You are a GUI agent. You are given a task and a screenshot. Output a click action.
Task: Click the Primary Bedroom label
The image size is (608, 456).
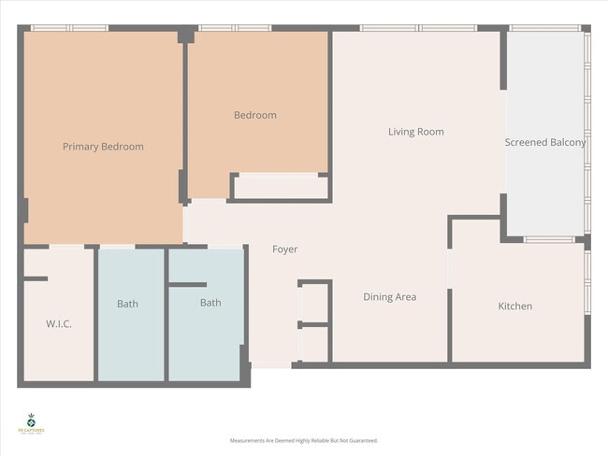(103, 147)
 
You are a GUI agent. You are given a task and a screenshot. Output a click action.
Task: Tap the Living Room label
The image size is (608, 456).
(415, 132)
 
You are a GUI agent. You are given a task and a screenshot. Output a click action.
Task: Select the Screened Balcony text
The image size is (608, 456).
(545, 143)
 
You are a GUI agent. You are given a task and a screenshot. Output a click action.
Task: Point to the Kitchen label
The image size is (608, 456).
(514, 306)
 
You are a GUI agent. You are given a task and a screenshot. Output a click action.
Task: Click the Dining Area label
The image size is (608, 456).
(389, 297)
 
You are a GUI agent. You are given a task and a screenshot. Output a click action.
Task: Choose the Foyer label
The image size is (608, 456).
(284, 249)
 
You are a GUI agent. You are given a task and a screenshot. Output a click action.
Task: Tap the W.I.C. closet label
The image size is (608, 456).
(59, 324)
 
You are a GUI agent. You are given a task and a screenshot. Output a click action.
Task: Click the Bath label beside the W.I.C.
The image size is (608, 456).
(128, 304)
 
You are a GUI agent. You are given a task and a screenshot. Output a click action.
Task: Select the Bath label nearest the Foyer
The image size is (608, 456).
(210, 303)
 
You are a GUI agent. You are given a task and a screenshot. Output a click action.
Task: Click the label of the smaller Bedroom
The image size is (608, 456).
(254, 115)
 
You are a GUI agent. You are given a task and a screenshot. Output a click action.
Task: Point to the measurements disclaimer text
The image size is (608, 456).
(304, 440)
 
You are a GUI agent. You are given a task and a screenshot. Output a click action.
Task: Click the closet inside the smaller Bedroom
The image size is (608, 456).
(280, 187)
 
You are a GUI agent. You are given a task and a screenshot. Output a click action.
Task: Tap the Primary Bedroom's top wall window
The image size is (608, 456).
(64, 28)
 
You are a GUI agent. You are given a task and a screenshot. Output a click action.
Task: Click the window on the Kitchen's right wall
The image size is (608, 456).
(587, 280)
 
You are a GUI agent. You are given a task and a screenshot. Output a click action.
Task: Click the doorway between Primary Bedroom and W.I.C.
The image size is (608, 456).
(67, 246)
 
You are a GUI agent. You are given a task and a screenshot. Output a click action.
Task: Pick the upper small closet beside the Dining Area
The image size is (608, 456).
(314, 302)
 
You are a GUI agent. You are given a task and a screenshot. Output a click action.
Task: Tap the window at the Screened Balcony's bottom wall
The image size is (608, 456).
(550, 240)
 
